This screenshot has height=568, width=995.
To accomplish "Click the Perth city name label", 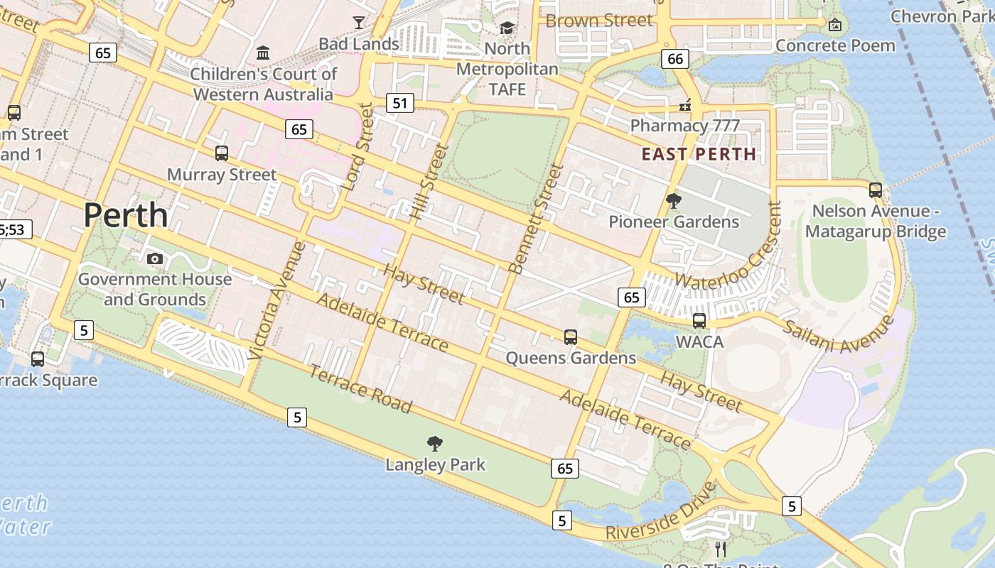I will pos(126,215).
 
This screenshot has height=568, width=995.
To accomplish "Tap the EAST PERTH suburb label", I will pos(699,154).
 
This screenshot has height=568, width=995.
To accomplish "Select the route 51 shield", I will pos(400,104).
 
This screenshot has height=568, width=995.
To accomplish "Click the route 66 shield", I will pos(675,58).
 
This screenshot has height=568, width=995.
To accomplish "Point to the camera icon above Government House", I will pos(155,258).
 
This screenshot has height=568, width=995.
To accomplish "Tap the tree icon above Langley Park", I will pos(435,444).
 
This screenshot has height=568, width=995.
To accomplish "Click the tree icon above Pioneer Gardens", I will pos(674,201).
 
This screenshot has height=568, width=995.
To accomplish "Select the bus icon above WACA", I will pos(699,320).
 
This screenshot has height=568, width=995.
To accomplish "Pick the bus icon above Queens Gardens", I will pos(571,337).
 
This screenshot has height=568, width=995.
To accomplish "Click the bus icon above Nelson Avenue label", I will pos(876,190).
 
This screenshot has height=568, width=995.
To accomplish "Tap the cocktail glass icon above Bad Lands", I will pos(359,23).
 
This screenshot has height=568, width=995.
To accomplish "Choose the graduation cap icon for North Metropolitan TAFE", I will pos(507,28).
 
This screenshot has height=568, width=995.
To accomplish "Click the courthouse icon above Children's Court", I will pos(263,53).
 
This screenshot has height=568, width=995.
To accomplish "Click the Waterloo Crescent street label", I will pos(725,245).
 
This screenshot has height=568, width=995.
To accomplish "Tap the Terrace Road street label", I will pos(361,389).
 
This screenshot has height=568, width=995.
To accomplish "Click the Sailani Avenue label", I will pos(839,334).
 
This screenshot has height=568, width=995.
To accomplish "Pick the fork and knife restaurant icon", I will pos(721,549).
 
